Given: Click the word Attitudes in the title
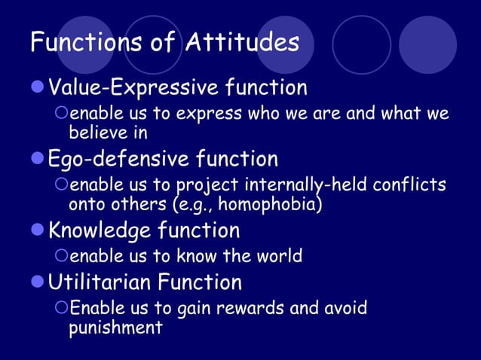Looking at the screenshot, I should [x=240, y=42].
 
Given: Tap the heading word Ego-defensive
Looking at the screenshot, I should [x=119, y=159].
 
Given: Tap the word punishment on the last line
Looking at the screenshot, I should [x=115, y=328].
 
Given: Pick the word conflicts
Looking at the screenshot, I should [x=406, y=185].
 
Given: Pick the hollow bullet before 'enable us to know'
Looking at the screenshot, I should [x=62, y=256].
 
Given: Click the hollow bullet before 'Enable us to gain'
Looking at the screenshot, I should [x=62, y=309].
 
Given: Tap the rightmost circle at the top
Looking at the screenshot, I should [x=427, y=44].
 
